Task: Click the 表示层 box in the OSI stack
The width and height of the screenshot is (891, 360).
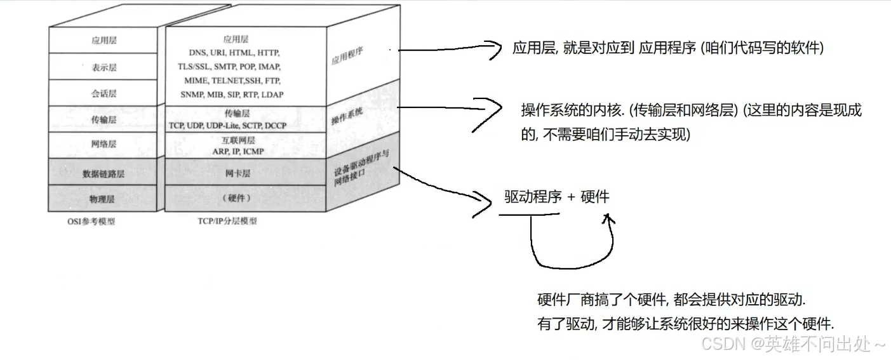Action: click(x=104, y=66)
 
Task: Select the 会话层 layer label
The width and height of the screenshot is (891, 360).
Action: click(x=104, y=93)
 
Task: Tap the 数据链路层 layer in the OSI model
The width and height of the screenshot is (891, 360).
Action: click(x=104, y=173)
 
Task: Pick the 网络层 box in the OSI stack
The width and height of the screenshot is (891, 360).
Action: click(x=104, y=144)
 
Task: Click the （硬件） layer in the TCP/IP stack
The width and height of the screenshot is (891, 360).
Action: click(x=236, y=198)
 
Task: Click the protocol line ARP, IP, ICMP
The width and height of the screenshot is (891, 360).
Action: click(x=238, y=151)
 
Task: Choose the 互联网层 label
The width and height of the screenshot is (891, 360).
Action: click(x=239, y=140)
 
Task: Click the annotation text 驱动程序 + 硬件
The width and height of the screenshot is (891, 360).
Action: click(x=556, y=197)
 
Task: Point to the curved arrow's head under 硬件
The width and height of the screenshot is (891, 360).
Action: click(x=608, y=218)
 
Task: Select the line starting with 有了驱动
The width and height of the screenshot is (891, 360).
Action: click(x=685, y=324)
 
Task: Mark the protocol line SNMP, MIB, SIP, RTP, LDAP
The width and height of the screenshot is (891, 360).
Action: click(x=232, y=94)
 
